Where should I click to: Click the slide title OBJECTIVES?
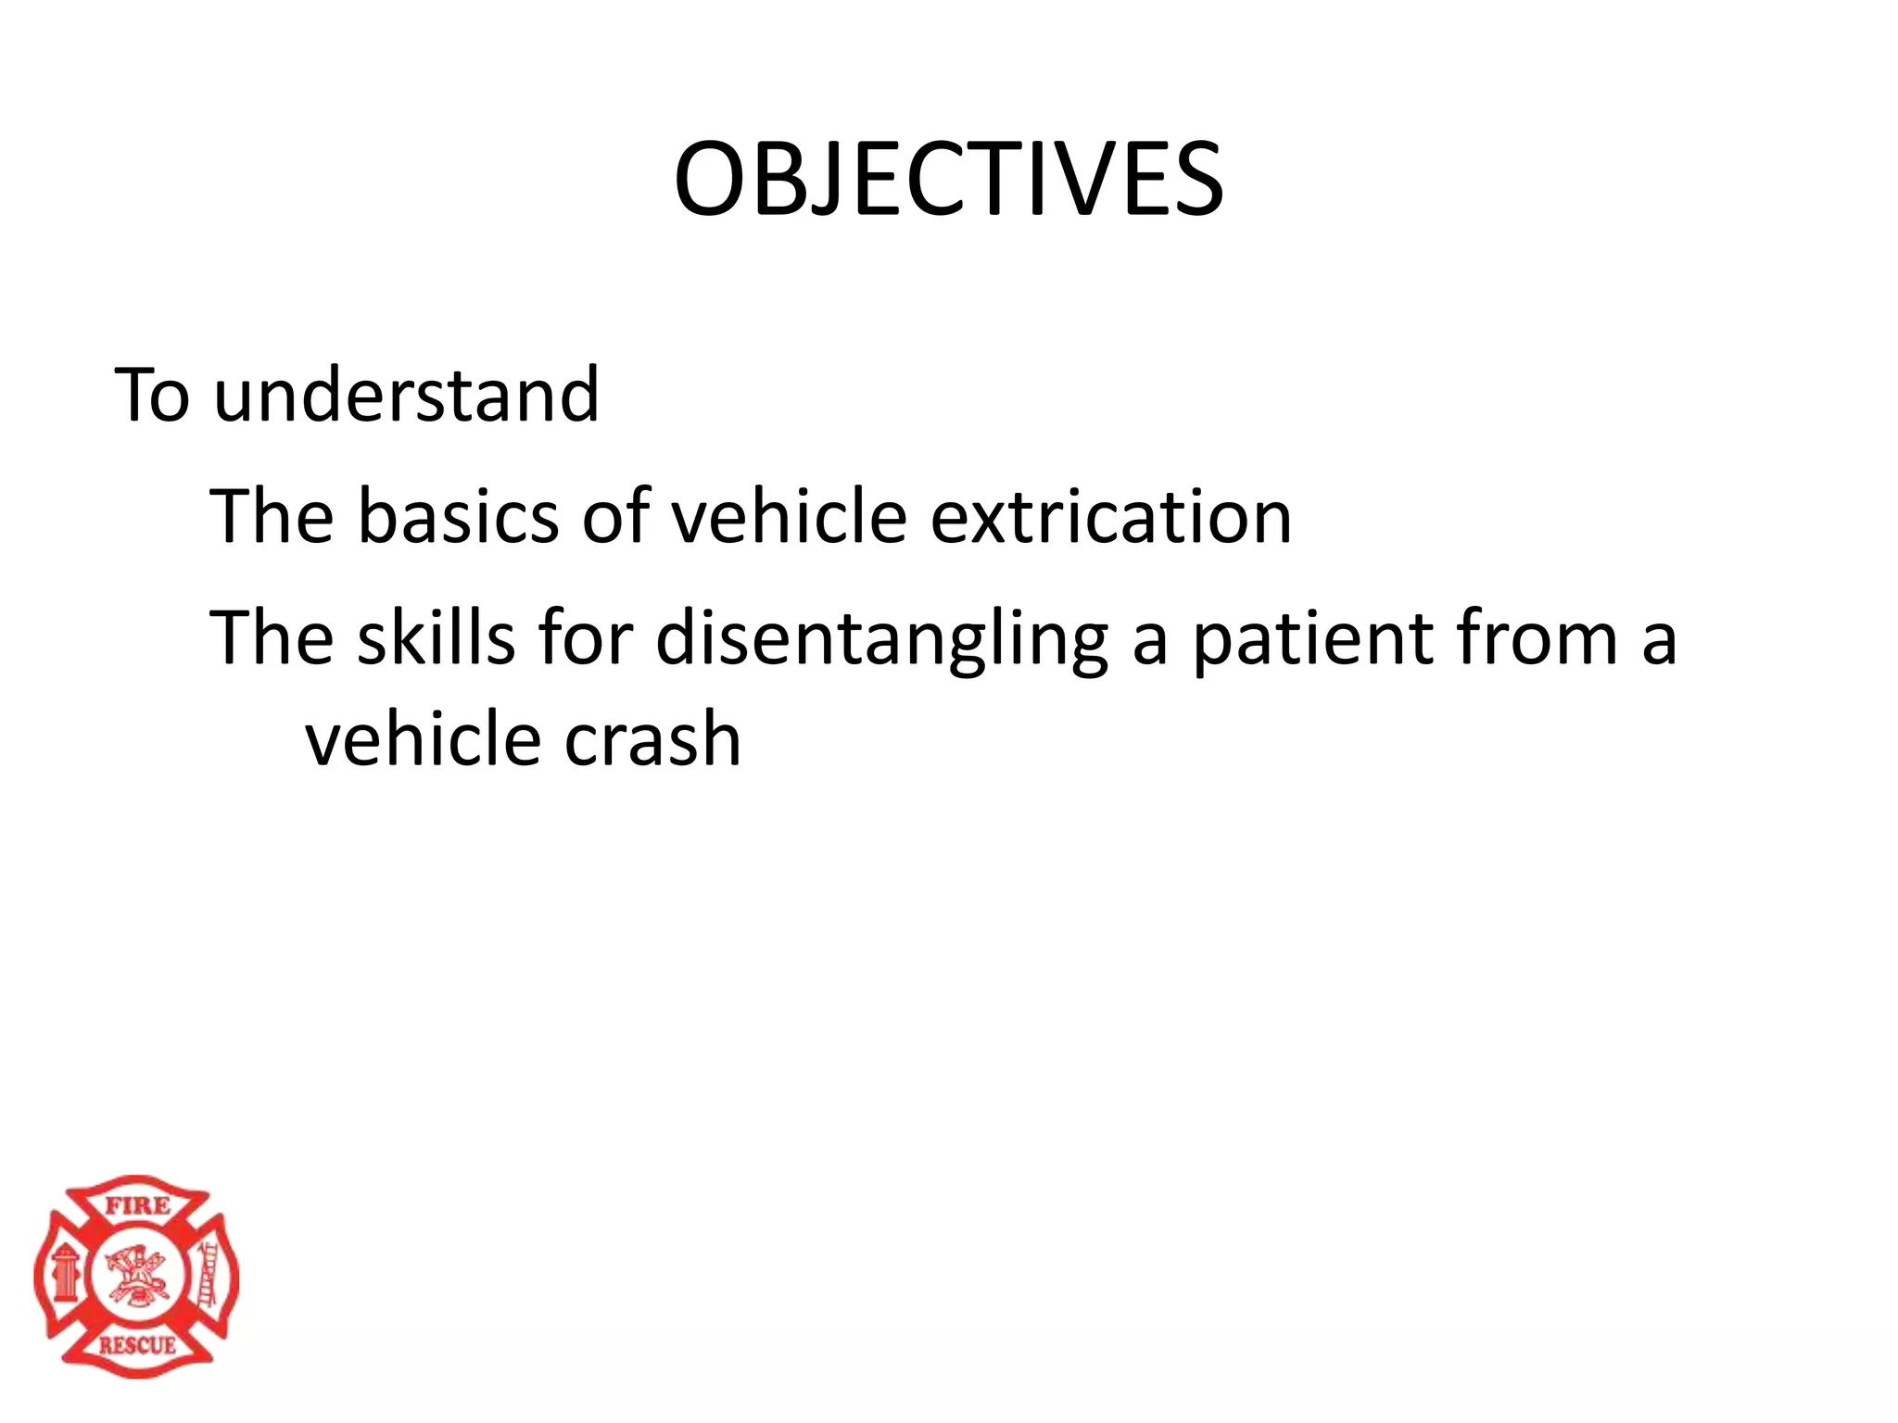948,180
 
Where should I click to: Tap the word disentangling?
881,639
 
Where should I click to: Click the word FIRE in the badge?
137,1206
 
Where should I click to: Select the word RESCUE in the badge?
137,1345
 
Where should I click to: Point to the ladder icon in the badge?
208,1275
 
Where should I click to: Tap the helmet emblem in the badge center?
136,1275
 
